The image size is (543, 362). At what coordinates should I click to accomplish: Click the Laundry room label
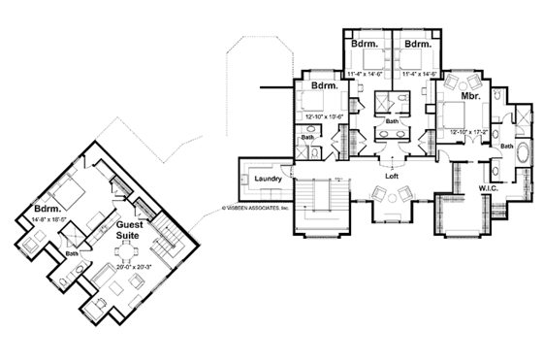[268, 180]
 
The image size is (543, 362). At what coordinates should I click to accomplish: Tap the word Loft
[392, 177]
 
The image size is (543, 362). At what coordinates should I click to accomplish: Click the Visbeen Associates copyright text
[256, 206]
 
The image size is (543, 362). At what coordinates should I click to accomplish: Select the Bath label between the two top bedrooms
[392, 121]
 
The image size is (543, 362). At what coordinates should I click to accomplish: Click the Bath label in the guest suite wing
[72, 254]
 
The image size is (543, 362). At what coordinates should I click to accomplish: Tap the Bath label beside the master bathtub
[507, 146]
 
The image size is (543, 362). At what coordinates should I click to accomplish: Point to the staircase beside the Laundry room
[316, 206]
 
